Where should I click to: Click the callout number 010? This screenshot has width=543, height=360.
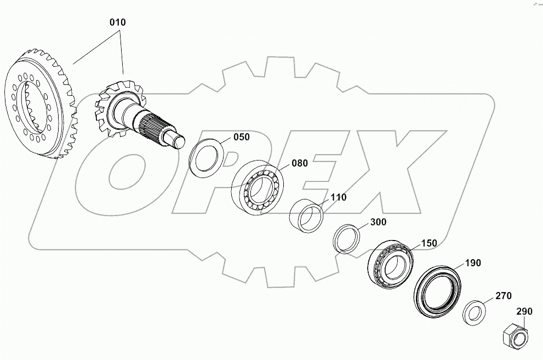[117, 23]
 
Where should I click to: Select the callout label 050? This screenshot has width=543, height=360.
[242, 137]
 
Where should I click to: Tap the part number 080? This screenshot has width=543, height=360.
[300, 163]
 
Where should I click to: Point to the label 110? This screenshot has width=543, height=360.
[339, 197]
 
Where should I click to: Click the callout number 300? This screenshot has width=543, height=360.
[378, 222]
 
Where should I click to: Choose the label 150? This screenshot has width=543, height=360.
[429, 243]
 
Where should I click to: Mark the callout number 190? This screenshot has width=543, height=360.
[473, 263]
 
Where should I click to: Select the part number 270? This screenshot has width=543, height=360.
[503, 296]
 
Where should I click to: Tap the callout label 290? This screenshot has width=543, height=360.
[524, 311]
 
